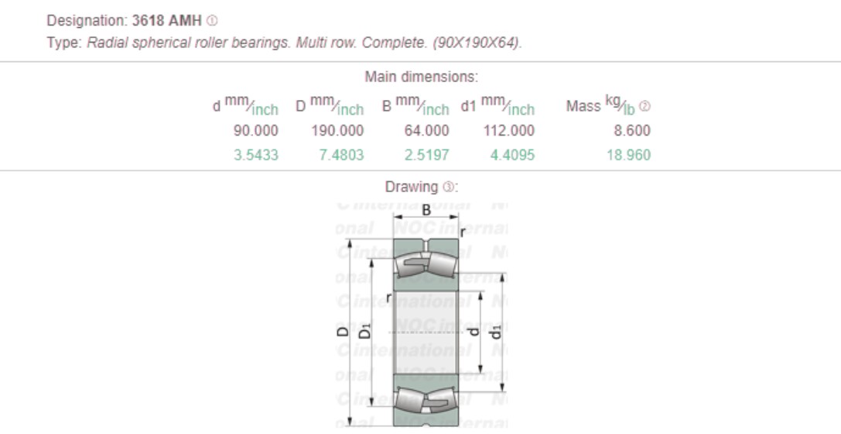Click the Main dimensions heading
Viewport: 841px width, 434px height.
pyautogui.click(x=421, y=77)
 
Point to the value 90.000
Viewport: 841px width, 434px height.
pyautogui.click(x=255, y=131)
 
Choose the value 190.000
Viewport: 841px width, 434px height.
pyautogui.click(x=337, y=131)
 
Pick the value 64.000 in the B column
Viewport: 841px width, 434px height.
pyautogui.click(x=426, y=131)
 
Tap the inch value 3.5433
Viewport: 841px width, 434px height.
pyautogui.click(x=255, y=155)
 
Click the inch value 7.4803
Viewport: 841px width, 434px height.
pyautogui.click(x=340, y=155)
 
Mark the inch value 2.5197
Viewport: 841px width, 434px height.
pyautogui.click(x=426, y=155)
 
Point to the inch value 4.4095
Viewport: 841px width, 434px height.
pyautogui.click(x=511, y=155)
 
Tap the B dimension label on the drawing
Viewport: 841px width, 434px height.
pyautogui.click(x=426, y=209)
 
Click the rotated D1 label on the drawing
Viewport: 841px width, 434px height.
pyautogui.click(x=367, y=331)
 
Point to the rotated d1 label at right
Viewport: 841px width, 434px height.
pyautogui.click(x=497, y=331)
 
